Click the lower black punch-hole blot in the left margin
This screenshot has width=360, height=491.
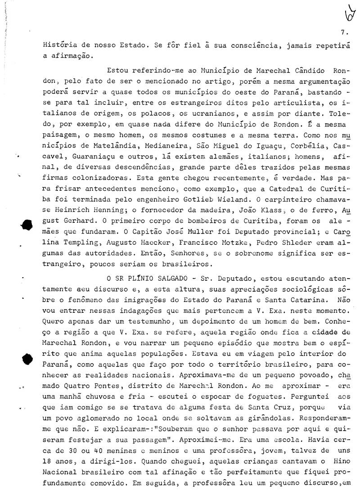(x=27, y=359)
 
